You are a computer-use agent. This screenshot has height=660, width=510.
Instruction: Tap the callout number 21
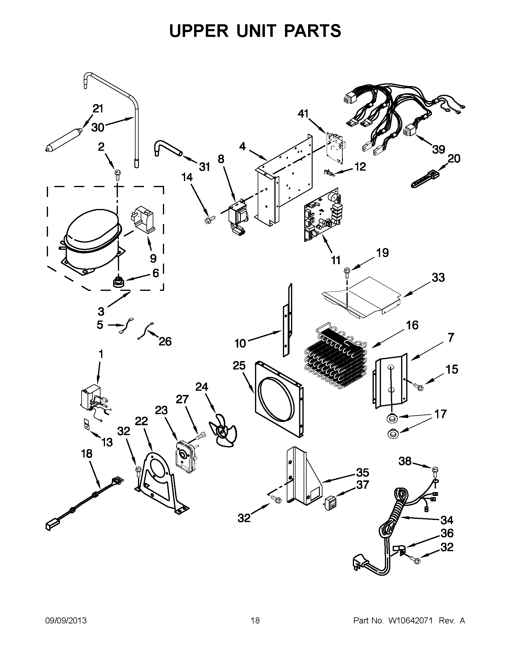pos(97,109)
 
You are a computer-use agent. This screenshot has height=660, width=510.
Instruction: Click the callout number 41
pos(303,114)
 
